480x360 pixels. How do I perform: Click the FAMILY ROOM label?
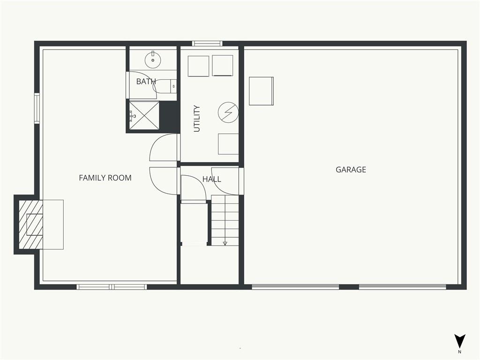(x=105, y=178)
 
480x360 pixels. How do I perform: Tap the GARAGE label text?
(x=351, y=170)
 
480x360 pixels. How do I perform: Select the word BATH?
(x=146, y=82)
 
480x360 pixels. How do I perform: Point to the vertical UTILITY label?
(x=197, y=119)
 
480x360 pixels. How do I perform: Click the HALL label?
(x=211, y=179)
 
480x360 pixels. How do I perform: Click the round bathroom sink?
(x=153, y=60)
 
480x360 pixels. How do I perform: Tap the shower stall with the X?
(x=144, y=115)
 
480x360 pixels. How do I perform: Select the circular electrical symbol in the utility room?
(x=228, y=112)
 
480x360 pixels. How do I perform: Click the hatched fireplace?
(x=30, y=225)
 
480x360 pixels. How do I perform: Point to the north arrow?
(x=459, y=341)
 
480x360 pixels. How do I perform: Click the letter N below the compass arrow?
(x=459, y=352)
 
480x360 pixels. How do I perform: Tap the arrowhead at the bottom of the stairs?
(x=225, y=243)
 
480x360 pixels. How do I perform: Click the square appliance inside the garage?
(x=261, y=91)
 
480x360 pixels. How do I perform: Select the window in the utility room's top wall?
(x=207, y=44)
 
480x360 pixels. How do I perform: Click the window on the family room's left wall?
(x=37, y=108)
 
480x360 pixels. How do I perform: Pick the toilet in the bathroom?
(x=165, y=86)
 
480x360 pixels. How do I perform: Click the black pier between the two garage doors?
(x=349, y=287)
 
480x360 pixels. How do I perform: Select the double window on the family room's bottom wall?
(x=112, y=287)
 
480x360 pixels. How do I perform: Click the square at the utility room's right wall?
(x=228, y=144)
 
